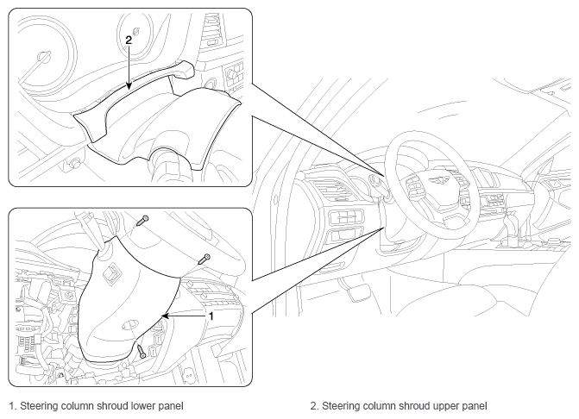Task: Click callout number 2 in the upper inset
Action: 129,40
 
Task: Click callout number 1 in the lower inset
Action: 211,316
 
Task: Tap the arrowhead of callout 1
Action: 165,316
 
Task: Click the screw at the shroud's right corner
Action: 205,259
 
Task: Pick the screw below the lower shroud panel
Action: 142,350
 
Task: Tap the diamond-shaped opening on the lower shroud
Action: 111,274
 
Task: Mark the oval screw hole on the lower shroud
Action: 129,324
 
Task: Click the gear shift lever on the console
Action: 511,225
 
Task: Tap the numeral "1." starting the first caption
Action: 13,406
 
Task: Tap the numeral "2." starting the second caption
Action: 314,406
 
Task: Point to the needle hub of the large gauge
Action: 44,56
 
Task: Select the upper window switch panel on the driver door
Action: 345,217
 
